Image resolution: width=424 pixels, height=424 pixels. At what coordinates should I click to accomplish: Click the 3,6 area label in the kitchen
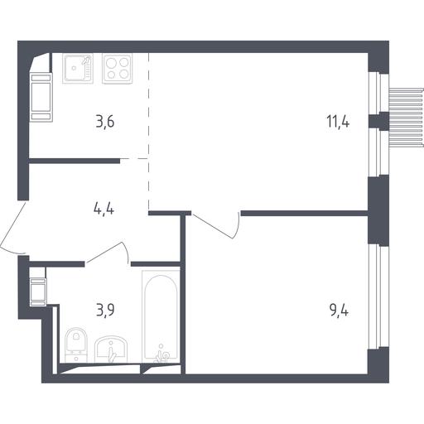(x=105, y=122)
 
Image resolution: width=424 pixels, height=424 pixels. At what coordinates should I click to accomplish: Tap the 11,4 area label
(x=338, y=122)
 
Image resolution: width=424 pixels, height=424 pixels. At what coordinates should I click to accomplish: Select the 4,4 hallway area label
(x=104, y=210)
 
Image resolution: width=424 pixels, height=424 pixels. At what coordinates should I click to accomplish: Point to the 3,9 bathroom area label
(x=105, y=310)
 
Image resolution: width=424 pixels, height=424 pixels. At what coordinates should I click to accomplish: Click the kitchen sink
(x=78, y=68)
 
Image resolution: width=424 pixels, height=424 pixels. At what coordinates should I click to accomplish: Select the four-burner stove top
(x=118, y=68)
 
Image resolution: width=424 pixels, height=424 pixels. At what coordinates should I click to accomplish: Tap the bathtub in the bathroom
(x=161, y=316)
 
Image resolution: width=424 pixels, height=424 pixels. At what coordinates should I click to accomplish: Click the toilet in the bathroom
(x=76, y=344)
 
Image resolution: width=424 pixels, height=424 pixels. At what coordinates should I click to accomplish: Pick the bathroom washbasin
(x=111, y=349)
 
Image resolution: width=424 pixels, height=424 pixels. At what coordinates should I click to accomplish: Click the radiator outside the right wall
(x=406, y=118)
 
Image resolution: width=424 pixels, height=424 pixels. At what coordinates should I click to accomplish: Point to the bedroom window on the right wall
(x=378, y=296)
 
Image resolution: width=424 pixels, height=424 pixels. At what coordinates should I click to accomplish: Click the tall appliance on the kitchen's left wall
(x=41, y=97)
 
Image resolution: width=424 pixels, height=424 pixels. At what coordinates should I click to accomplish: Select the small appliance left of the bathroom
(x=38, y=291)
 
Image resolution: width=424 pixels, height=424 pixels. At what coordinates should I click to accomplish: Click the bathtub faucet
(x=161, y=355)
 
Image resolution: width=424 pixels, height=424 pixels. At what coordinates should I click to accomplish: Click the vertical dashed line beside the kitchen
(x=149, y=131)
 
